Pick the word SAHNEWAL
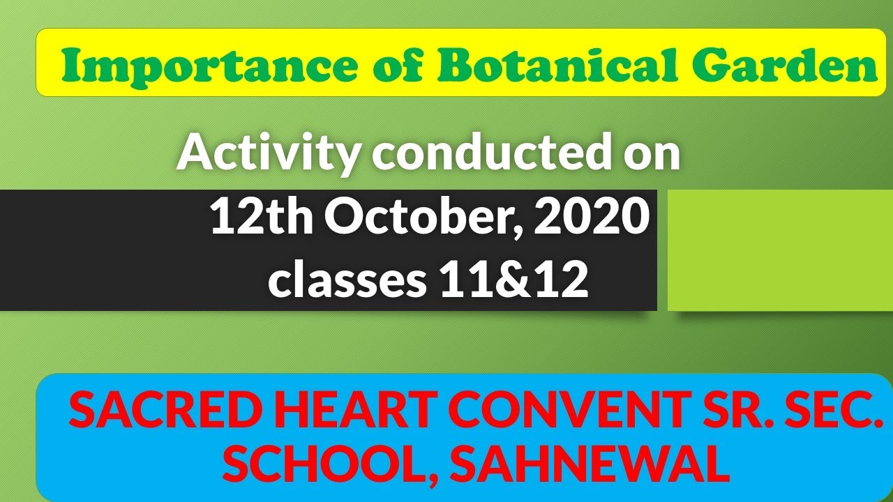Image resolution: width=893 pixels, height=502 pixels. pos(590,466)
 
